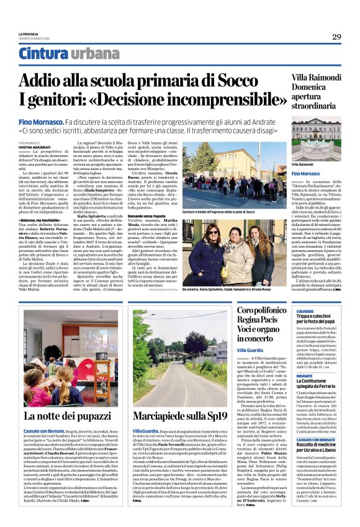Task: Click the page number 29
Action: (x=336, y=37)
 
